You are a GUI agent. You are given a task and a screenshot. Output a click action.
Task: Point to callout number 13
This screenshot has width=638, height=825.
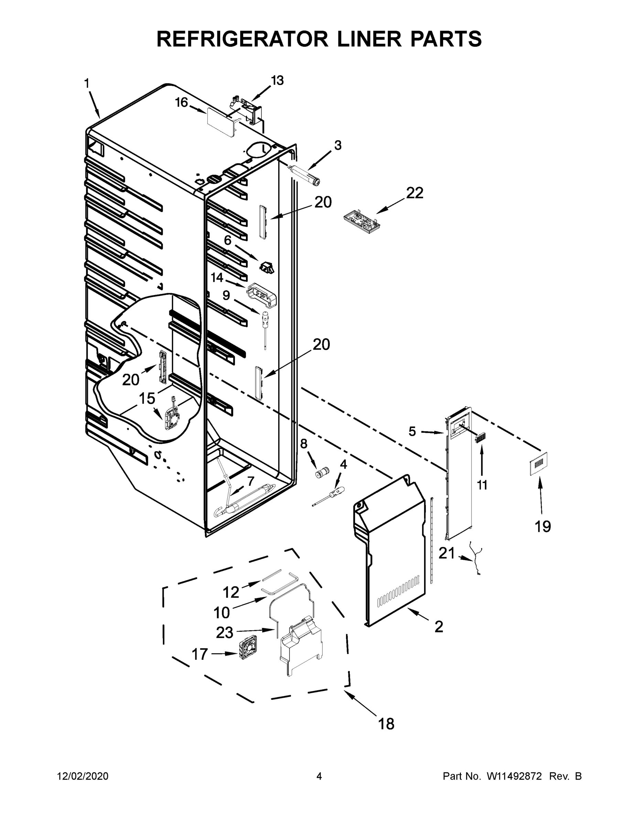click(277, 80)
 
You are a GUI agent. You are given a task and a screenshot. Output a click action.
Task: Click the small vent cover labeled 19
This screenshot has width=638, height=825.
click(538, 463)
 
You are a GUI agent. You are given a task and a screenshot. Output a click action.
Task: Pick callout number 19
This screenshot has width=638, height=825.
click(543, 526)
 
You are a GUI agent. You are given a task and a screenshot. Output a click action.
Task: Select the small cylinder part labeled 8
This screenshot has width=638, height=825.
click(322, 472)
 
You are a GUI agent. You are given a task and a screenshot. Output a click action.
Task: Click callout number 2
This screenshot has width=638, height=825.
click(439, 626)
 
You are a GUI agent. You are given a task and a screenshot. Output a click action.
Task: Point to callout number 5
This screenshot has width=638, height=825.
click(412, 431)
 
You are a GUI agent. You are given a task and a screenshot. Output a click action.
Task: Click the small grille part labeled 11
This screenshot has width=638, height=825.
click(480, 439)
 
